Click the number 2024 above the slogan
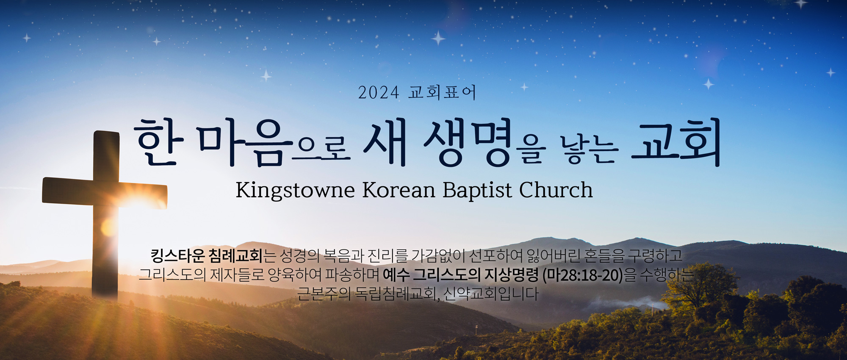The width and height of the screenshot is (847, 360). (379, 93)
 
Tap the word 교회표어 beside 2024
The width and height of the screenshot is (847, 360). (442, 92)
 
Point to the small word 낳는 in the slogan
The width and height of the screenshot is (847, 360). (589, 150)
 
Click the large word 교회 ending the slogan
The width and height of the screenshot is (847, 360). (676, 141)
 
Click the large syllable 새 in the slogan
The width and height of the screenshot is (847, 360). (385, 141)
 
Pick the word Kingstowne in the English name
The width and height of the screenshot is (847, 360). (295, 190)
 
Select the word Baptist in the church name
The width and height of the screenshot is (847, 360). (477, 190)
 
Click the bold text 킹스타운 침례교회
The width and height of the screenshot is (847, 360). (207, 255)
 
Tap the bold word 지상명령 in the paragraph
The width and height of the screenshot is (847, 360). (511, 275)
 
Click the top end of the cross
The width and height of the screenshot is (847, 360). (106, 132)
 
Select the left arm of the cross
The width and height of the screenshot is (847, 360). (68, 191)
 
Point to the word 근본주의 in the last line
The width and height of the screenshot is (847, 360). (324, 294)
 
